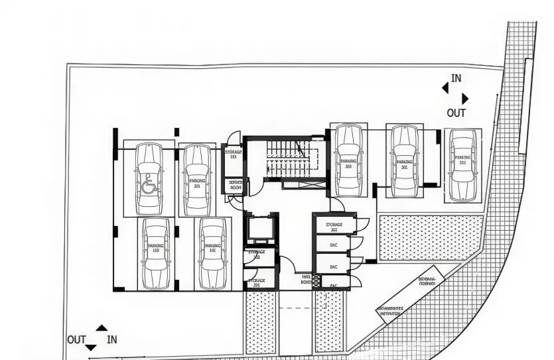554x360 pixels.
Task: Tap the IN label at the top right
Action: click(456, 78)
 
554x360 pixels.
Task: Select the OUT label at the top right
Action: click(456, 113)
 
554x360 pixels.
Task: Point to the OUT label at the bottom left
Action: click(76, 339)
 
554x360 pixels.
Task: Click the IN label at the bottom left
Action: click(112, 339)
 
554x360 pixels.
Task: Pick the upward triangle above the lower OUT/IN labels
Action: click(102, 328)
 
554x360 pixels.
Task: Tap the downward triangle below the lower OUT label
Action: click(91, 347)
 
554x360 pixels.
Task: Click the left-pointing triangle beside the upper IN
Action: click(445, 87)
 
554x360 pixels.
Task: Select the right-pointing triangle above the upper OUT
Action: click(465, 98)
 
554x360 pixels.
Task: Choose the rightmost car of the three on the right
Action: click(462, 164)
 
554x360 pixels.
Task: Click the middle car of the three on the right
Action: click(404, 161)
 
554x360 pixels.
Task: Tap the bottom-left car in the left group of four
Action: click(155, 253)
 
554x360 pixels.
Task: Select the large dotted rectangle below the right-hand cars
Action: click(431, 237)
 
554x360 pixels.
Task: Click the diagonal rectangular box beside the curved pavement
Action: click(409, 299)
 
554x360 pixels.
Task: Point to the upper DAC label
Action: click(334, 245)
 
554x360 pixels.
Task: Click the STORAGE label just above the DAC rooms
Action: click(334, 226)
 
